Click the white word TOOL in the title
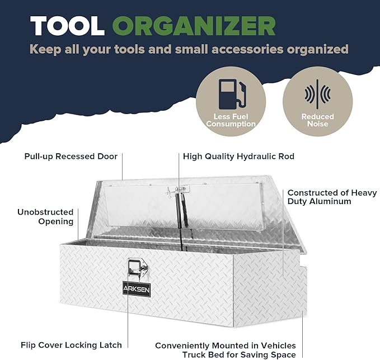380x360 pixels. point(67,26)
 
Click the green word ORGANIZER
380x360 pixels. point(194,26)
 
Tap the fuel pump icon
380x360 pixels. point(232,94)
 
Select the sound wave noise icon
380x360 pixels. point(317,94)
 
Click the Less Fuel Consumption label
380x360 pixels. point(231,120)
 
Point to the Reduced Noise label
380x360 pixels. point(317,120)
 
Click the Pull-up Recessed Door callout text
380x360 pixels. point(71,157)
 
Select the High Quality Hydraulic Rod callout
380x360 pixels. point(239,157)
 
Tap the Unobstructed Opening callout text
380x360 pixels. point(45,217)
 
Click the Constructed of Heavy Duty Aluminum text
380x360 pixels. point(332,197)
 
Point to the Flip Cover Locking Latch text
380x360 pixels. point(71,345)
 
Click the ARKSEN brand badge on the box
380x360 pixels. point(137,289)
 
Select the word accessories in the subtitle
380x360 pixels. point(247,49)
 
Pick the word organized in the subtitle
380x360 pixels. point(318,50)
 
